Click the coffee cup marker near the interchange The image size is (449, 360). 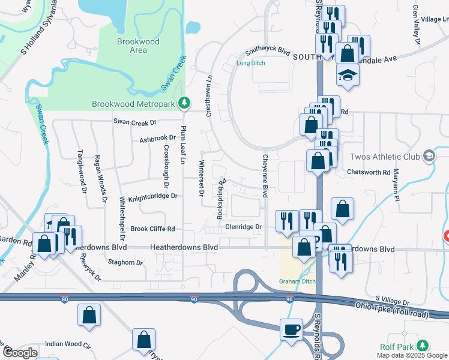[x=292, y=329]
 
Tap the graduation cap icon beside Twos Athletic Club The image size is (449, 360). [x=429, y=157]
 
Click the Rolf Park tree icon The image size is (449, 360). [x=423, y=346]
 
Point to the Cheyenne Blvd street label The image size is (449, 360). [x=264, y=176]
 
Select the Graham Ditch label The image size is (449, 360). [x=294, y=281]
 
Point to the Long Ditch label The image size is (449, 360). [x=250, y=63]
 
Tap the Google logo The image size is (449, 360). [x=20, y=353]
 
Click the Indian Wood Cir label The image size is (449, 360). [x=68, y=345]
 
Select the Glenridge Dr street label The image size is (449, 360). [x=244, y=227]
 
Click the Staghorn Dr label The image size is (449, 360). [x=125, y=262]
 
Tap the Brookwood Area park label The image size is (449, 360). [x=138, y=46]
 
